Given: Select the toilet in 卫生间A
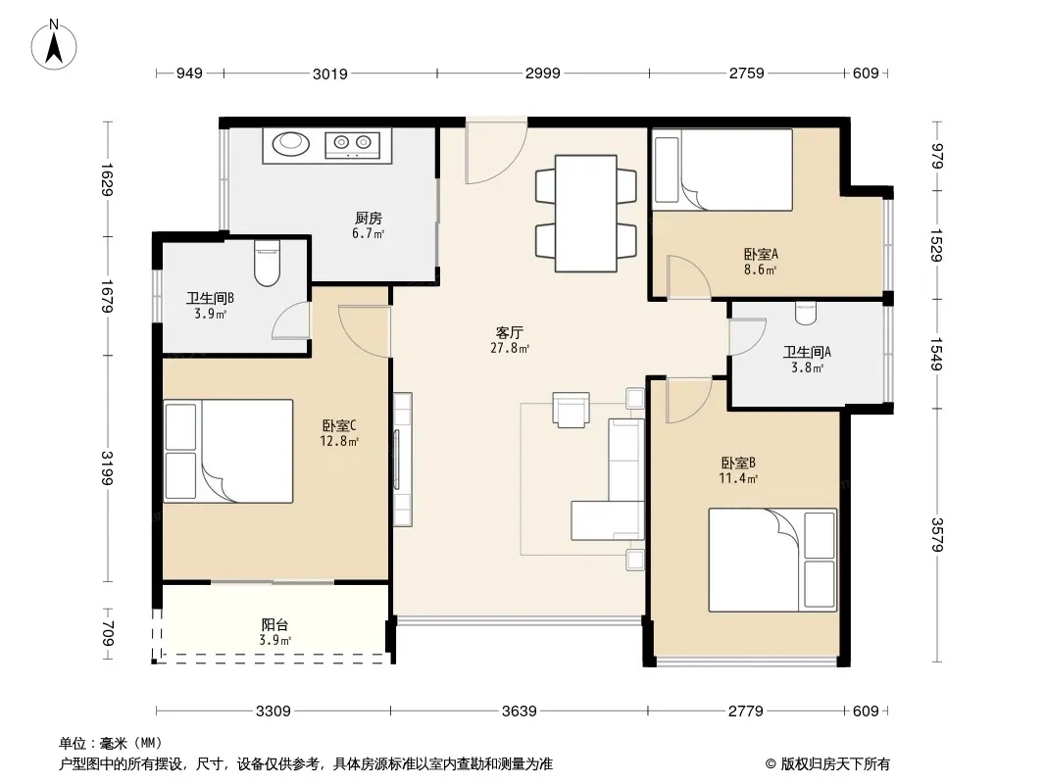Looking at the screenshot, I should (x=806, y=311).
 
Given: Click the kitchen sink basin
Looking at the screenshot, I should (x=291, y=144).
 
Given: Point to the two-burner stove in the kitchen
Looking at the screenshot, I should (x=353, y=144).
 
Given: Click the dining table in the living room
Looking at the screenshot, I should (x=585, y=212).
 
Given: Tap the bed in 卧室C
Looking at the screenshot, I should (x=229, y=451).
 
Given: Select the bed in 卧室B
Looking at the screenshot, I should (x=771, y=560).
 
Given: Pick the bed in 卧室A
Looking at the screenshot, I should (x=722, y=170).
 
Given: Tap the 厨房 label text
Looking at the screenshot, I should (x=368, y=220).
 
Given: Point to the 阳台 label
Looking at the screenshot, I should (x=274, y=624).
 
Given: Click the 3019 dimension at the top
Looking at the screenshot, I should (x=329, y=73).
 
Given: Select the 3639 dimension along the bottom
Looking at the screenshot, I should (x=519, y=711).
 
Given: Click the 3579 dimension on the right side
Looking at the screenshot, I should (x=937, y=535).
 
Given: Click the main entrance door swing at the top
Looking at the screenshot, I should (x=496, y=153).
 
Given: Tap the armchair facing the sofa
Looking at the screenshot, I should (x=572, y=410).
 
